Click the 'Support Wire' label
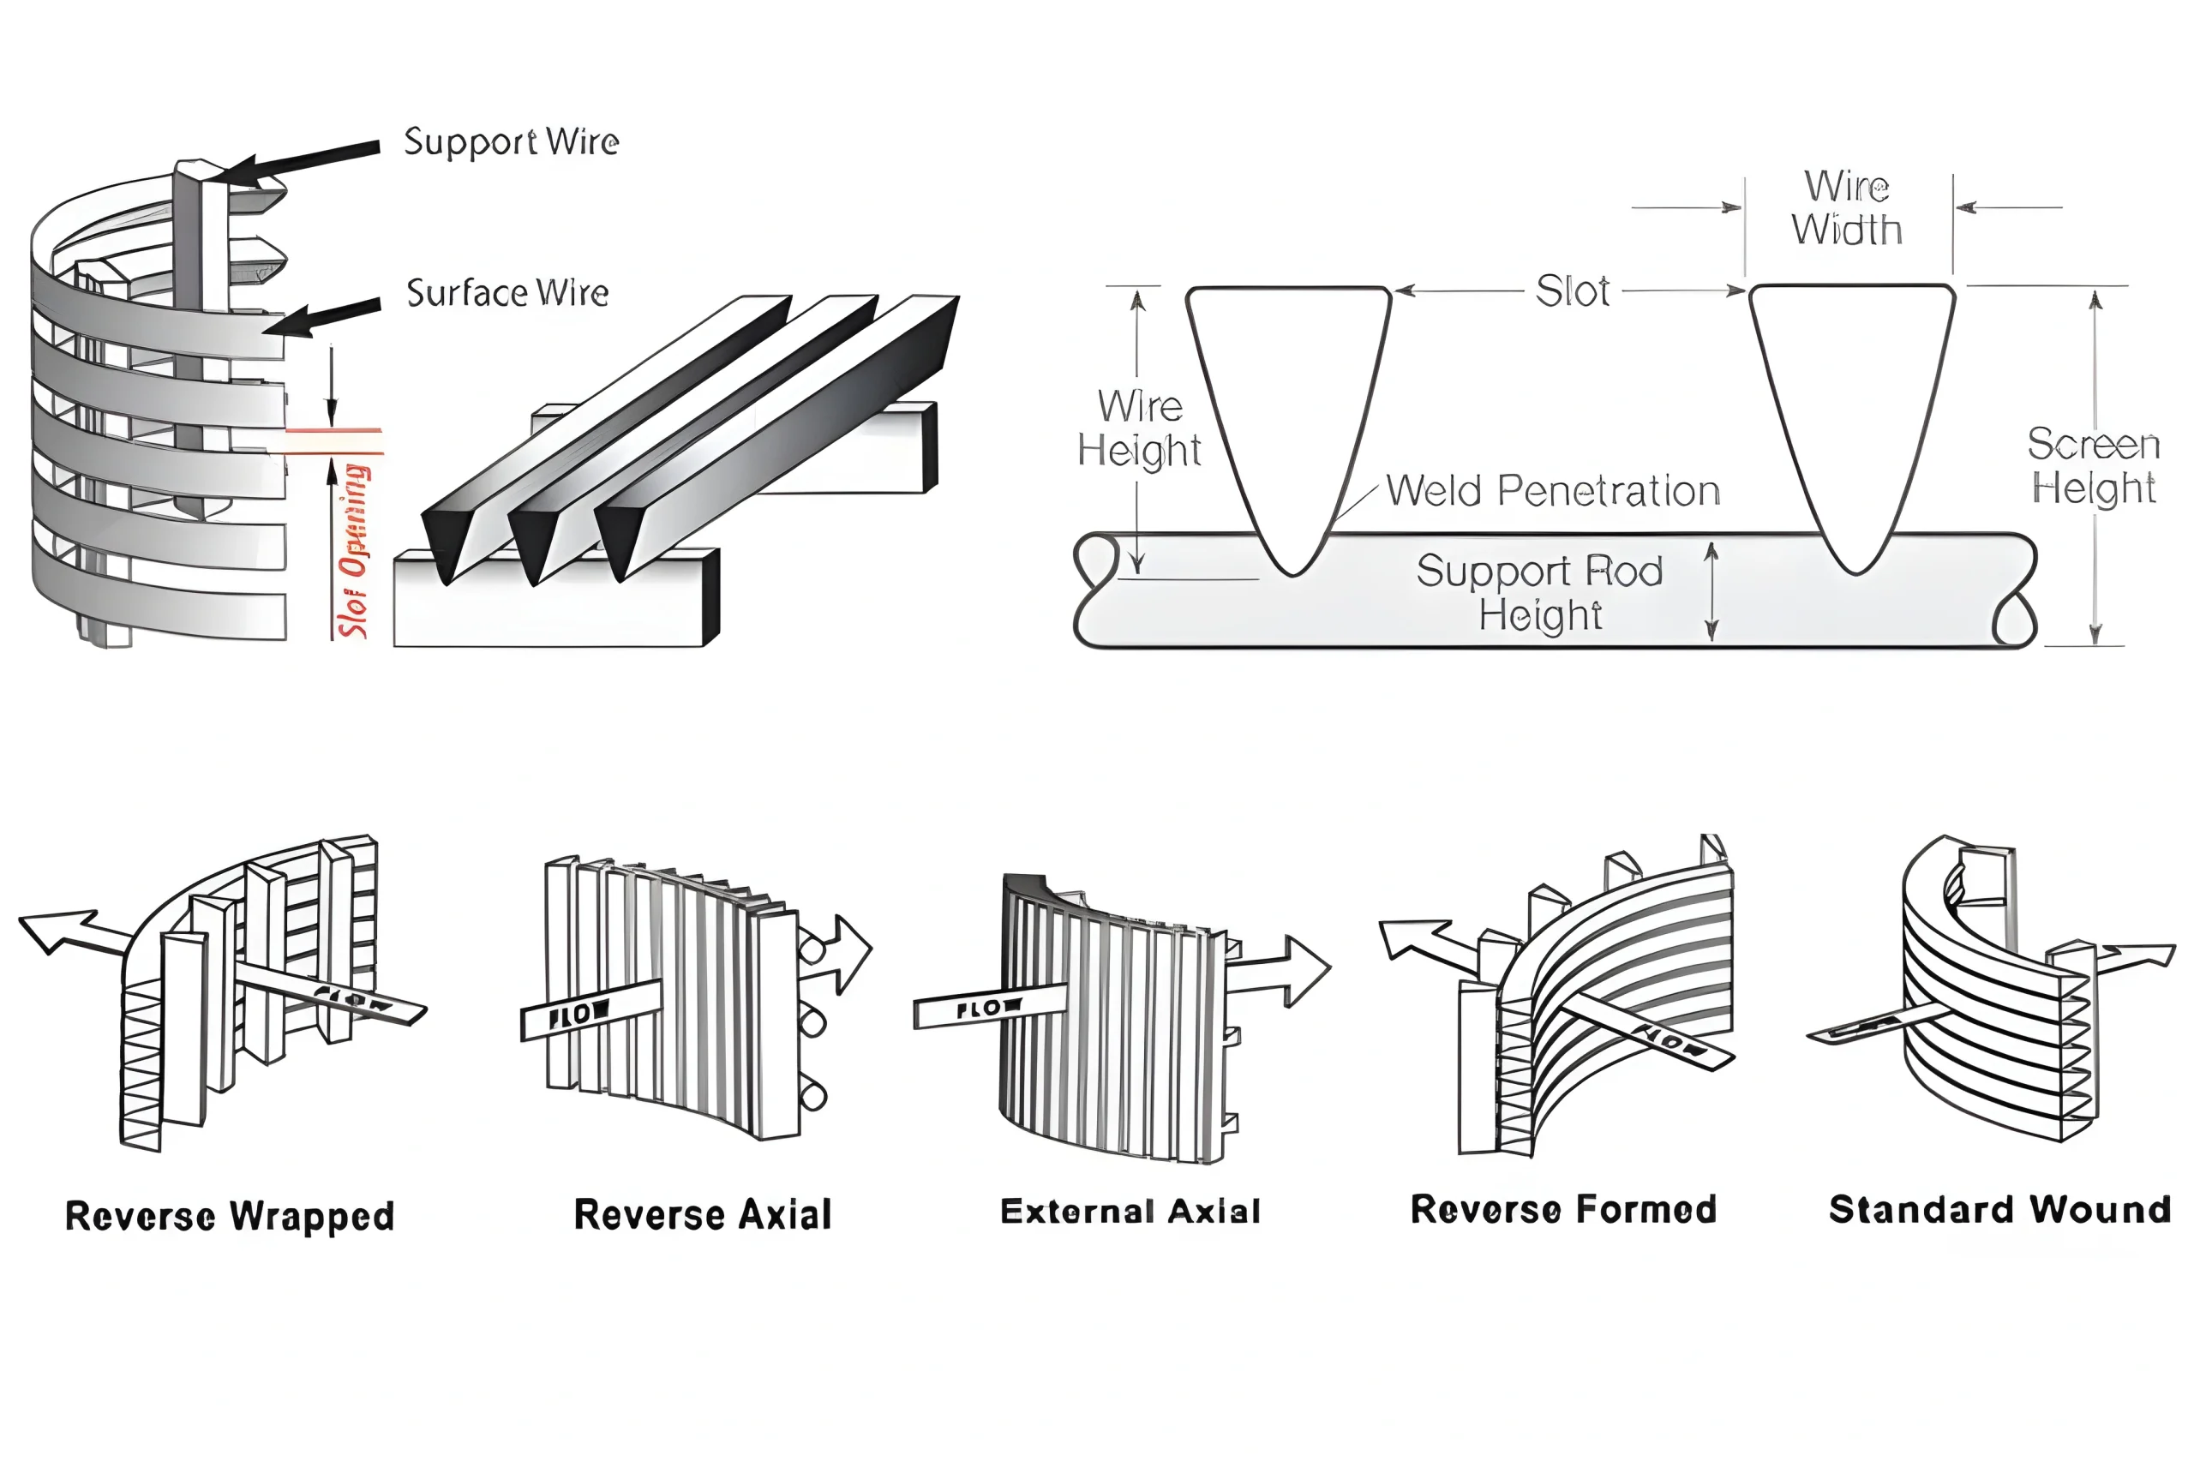(511, 142)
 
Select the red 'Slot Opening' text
(354, 550)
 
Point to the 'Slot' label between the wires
(1572, 291)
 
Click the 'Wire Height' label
(1138, 428)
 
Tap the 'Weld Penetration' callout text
(1552, 491)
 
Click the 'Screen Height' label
(2093, 466)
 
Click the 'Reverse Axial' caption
(703, 1214)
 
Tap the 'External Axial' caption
(1130, 1212)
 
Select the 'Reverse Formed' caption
(1563, 1209)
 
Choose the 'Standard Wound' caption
(1999, 1209)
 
